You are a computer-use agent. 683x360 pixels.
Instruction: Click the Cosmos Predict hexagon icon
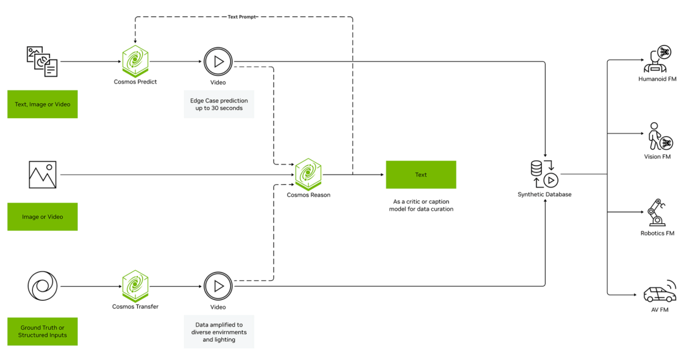[135, 61]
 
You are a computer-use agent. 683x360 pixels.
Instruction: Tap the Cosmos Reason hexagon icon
[308, 174]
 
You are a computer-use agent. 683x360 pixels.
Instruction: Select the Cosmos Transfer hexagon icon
[135, 286]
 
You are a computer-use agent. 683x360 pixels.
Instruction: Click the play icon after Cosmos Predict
[218, 61]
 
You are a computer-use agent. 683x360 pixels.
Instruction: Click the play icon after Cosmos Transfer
[218, 286]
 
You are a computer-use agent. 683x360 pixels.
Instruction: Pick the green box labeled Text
[421, 175]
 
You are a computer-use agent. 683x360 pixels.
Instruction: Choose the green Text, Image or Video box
[42, 104]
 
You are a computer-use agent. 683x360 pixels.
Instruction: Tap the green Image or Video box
[42, 216]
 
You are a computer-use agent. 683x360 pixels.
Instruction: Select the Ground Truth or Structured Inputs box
[42, 331]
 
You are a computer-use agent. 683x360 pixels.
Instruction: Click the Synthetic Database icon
[544, 174]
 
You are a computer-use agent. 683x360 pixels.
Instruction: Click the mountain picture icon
[42, 175]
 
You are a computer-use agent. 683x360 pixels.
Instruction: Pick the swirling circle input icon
[42, 286]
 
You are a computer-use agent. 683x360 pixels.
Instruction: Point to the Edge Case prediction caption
[219, 104]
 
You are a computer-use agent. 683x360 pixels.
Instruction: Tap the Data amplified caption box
[219, 331]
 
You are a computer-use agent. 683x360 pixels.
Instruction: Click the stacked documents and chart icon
[42, 61]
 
